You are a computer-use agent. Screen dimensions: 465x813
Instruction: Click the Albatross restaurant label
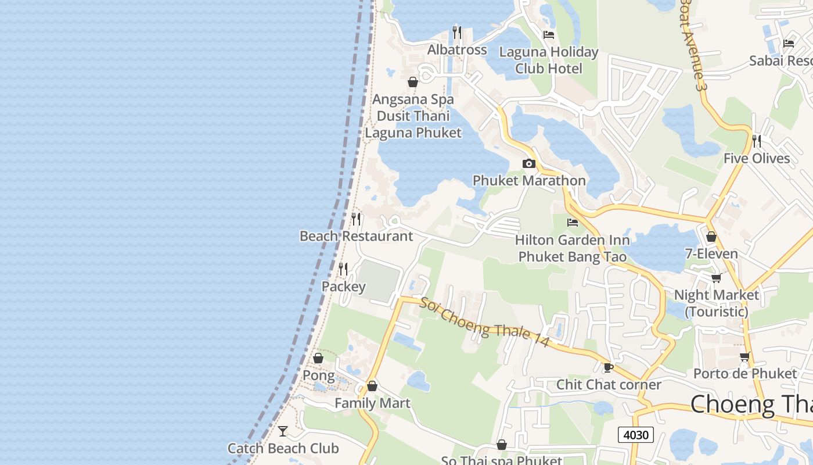pyautogui.click(x=457, y=50)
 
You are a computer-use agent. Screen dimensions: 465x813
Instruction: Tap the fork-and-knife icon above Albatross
pyautogui.click(x=457, y=33)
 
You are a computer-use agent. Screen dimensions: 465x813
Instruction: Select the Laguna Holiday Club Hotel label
pyautogui.click(x=549, y=60)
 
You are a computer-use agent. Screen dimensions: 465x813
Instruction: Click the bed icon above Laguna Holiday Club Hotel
pyautogui.click(x=549, y=35)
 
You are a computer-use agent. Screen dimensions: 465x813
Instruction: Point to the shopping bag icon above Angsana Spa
pyautogui.click(x=413, y=82)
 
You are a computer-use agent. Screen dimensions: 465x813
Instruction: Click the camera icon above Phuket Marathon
pyautogui.click(x=528, y=163)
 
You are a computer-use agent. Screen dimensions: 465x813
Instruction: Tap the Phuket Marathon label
pyautogui.click(x=529, y=181)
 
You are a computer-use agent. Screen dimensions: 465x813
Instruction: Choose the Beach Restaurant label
pyautogui.click(x=356, y=236)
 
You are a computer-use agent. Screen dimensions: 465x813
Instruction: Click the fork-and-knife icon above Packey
pyautogui.click(x=343, y=269)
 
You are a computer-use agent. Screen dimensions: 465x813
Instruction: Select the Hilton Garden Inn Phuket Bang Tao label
pyautogui.click(x=573, y=248)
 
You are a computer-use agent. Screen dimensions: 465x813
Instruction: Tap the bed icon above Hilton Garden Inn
pyautogui.click(x=573, y=223)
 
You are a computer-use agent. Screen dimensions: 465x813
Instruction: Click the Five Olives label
pyautogui.click(x=757, y=159)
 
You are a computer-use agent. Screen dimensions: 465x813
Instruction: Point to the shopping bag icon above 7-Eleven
pyautogui.click(x=711, y=237)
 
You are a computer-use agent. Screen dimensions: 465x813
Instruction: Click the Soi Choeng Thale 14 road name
pyautogui.click(x=485, y=323)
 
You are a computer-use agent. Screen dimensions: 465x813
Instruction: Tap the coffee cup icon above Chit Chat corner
pyautogui.click(x=609, y=367)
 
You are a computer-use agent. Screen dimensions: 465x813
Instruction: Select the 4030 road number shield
pyautogui.click(x=636, y=434)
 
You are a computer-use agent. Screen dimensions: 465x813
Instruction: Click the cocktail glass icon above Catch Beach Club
pyautogui.click(x=283, y=431)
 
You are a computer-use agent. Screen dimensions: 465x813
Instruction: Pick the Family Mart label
pyautogui.click(x=372, y=403)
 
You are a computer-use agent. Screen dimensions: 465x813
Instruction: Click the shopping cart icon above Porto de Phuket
pyautogui.click(x=745, y=356)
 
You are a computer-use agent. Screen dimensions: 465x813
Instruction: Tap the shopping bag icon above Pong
pyautogui.click(x=318, y=358)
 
